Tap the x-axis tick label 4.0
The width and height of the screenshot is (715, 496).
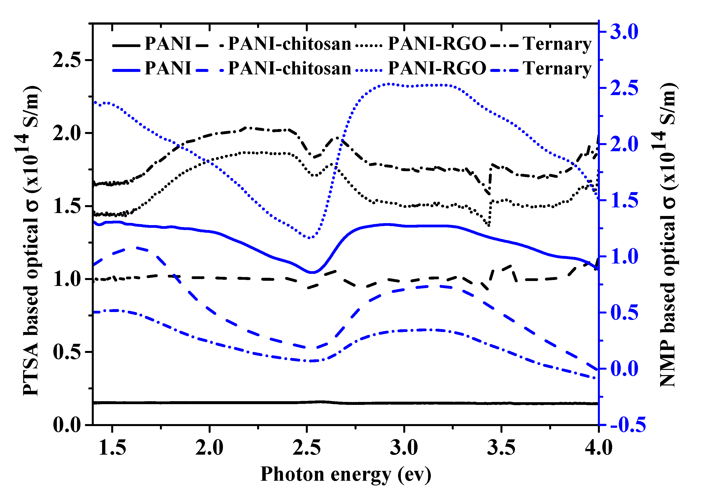pos(598,448)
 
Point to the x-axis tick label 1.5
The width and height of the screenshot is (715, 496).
pos(112,448)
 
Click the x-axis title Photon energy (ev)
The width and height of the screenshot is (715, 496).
pos(345,475)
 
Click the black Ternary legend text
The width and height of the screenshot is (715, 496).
pos(557,44)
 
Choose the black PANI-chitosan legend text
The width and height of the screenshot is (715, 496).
pos(289,44)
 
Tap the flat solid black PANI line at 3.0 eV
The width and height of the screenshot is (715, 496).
pos(404,403)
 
